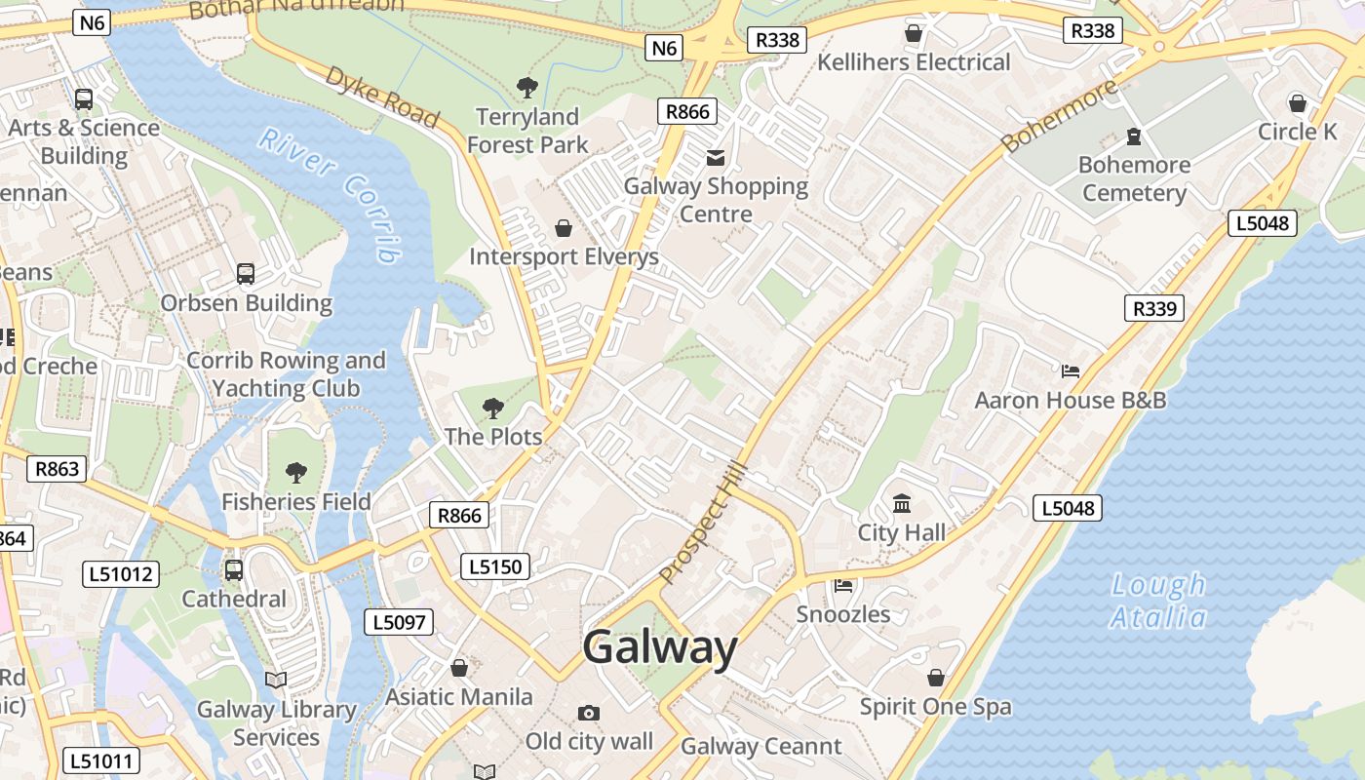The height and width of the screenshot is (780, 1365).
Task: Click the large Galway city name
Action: pyautogui.click(x=660, y=647)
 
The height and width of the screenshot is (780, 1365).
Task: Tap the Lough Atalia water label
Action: pyautogui.click(x=1158, y=601)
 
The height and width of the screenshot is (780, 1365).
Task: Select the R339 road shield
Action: pyautogui.click(x=1154, y=309)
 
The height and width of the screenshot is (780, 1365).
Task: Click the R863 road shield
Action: pyautogui.click(x=57, y=469)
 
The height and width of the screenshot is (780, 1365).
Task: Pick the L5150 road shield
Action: pyautogui.click(x=496, y=566)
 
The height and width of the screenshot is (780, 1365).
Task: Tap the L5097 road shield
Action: pyautogui.click(x=398, y=621)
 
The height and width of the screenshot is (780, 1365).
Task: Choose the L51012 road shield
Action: pyautogui.click(x=120, y=574)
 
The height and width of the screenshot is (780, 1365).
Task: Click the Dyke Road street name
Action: pyautogui.click(x=381, y=96)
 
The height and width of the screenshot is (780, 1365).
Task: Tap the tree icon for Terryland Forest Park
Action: pyautogui.click(x=527, y=88)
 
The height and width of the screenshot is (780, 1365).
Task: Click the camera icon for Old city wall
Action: pyautogui.click(x=589, y=714)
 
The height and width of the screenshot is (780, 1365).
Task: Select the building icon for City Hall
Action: pyautogui.click(x=902, y=505)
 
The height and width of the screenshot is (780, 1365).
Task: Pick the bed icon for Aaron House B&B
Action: pyautogui.click(x=1071, y=371)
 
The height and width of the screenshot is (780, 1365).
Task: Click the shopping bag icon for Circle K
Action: pyautogui.click(x=1298, y=102)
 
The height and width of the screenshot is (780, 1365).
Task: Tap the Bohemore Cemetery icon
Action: pyautogui.click(x=1134, y=136)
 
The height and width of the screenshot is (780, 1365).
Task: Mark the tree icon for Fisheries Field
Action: pyautogui.click(x=296, y=474)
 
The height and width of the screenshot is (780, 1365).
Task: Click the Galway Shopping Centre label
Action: pyautogui.click(x=716, y=200)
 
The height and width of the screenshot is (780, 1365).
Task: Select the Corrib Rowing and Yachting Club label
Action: pyautogui.click(x=286, y=374)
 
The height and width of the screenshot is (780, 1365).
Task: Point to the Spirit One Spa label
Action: pyautogui.click(x=935, y=707)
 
